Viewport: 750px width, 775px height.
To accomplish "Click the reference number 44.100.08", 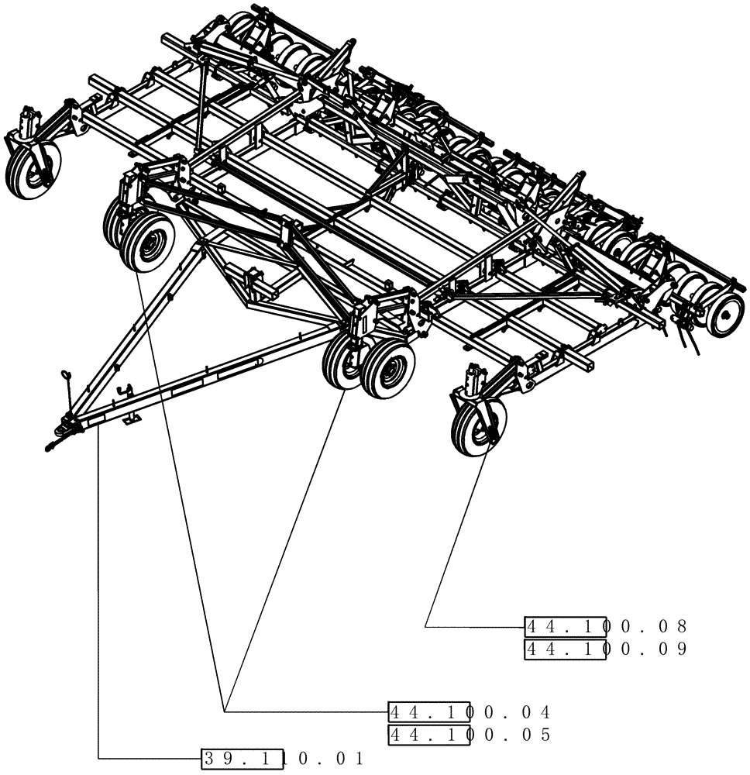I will coord(606,626).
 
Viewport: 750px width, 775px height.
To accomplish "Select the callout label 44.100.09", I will coord(606,649).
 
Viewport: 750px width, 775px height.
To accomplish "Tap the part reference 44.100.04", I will coord(470,711).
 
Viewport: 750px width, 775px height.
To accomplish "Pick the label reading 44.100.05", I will coord(470,735).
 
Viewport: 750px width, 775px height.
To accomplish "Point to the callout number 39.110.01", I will coord(283,759).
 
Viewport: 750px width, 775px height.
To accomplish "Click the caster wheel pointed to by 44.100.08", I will coord(479,425).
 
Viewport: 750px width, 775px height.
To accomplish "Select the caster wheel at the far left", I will coord(33,168).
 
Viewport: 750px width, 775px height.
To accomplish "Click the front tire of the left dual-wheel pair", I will coord(148,243).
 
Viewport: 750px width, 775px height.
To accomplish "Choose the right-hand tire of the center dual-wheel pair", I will coord(388,370).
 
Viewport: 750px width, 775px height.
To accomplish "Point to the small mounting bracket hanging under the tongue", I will coord(133,418).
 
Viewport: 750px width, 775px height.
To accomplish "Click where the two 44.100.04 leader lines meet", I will coord(225,711).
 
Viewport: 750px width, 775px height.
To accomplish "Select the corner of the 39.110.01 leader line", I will coord(99,758).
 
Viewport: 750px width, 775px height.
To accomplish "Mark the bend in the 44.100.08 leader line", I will coord(426,625).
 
